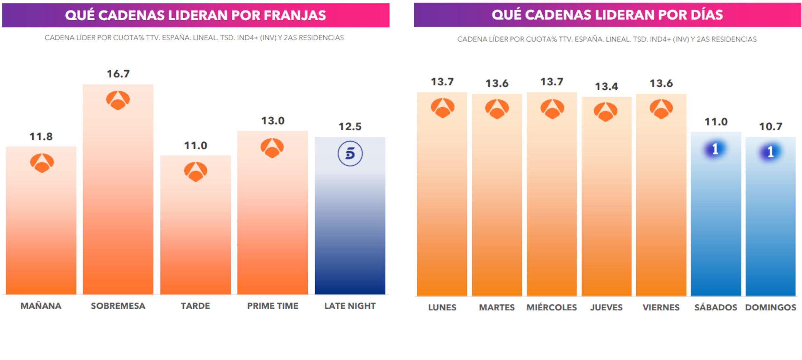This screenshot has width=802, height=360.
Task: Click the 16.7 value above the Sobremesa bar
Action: (x=118, y=74)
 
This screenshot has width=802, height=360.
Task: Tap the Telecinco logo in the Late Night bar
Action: (x=350, y=153)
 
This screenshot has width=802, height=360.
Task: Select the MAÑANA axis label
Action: (x=41, y=306)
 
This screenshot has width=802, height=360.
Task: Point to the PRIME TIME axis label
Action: (x=273, y=306)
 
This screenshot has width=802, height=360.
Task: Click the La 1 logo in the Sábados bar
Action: (x=716, y=149)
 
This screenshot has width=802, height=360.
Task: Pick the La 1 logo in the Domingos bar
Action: (x=770, y=152)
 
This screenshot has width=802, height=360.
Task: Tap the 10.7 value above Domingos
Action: (x=771, y=126)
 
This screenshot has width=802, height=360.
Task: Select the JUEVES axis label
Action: (x=606, y=307)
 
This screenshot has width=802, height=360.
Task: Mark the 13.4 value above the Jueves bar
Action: (x=606, y=86)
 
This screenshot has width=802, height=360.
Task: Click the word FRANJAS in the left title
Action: (x=295, y=15)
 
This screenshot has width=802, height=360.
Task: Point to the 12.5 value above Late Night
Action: (x=350, y=126)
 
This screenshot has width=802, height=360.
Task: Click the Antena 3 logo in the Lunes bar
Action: (x=442, y=108)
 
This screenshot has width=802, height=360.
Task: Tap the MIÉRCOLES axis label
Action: (x=552, y=307)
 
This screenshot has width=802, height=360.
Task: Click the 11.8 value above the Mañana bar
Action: (x=41, y=136)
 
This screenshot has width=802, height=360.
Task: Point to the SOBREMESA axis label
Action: (x=118, y=306)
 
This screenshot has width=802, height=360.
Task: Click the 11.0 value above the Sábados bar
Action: (x=716, y=122)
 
